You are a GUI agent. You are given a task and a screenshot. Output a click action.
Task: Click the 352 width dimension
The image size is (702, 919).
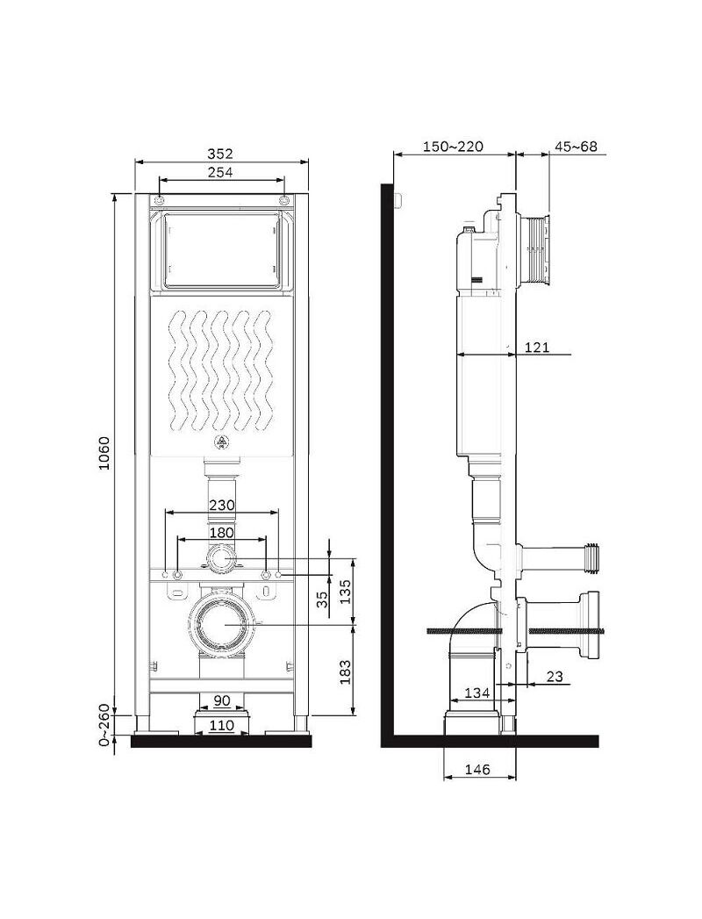pos(220,154)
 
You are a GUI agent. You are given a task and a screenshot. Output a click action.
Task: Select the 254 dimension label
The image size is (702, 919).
pos(220,172)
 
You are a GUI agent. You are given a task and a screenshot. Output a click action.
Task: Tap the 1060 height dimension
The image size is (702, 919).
pos(104,452)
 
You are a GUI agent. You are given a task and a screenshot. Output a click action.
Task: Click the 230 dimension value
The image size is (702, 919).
pos(221,505)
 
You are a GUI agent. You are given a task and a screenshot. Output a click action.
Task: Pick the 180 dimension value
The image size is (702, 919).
pos(221,532)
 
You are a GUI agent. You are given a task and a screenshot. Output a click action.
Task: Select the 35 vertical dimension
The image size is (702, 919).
pos(322,599)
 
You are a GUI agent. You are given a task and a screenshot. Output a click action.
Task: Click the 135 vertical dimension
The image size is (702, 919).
pos(345,592)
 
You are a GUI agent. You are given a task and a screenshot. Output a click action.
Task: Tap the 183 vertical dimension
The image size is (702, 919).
pos(345,671)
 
